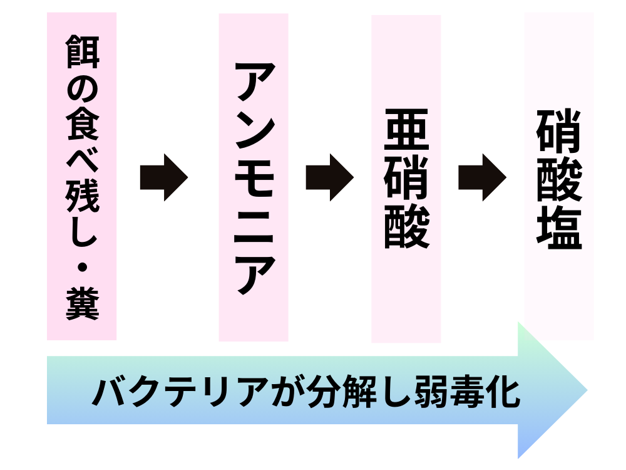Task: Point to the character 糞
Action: point(82,306)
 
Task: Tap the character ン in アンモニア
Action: point(254,131)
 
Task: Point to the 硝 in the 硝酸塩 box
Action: point(559,131)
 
